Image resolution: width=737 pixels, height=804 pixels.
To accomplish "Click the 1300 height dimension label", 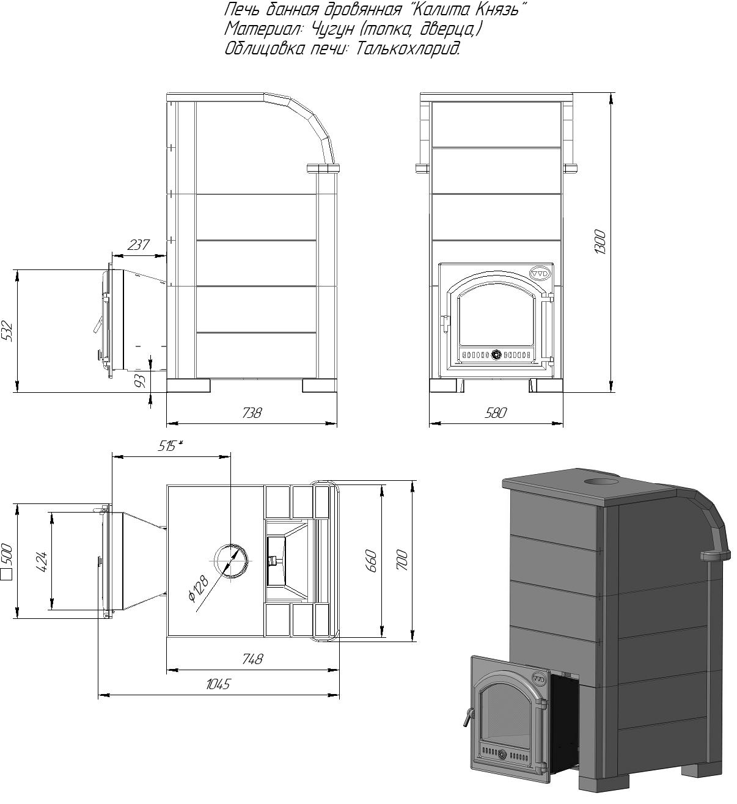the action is click(600, 242).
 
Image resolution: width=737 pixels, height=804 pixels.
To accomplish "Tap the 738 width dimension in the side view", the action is click(252, 412).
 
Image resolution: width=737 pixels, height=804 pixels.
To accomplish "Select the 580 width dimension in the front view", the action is click(496, 412).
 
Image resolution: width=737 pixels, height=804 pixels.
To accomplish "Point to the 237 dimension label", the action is click(139, 244).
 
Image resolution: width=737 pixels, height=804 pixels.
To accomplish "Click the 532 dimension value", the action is click(8, 331).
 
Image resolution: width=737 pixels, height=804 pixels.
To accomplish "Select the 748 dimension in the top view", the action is click(252, 659).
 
